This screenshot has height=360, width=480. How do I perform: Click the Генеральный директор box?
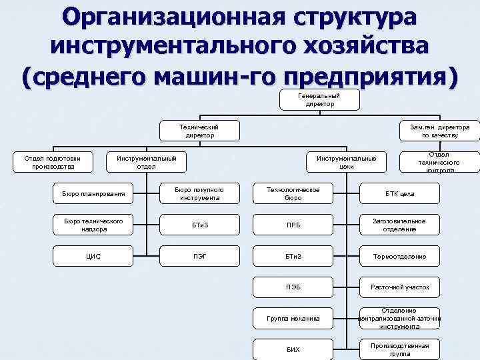pos(320,100)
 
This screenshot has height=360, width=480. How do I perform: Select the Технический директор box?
pos(200,131)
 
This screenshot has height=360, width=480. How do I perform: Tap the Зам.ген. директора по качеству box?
pos(439,131)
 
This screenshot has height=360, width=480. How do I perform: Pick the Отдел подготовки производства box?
pos(53,162)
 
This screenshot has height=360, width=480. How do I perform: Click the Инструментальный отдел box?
pos(147,162)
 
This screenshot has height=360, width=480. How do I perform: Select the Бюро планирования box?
pos(93,194)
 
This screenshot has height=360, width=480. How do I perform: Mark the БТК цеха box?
pos(399,194)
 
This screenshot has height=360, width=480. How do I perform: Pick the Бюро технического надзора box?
pos(93,225)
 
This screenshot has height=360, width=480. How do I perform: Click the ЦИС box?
pos(93,256)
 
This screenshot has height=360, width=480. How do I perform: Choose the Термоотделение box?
pos(399,256)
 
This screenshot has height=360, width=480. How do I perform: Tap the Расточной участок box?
pos(399,287)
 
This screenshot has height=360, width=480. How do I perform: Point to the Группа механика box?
pos(293,318)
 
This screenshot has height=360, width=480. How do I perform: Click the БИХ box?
pos(293,349)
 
